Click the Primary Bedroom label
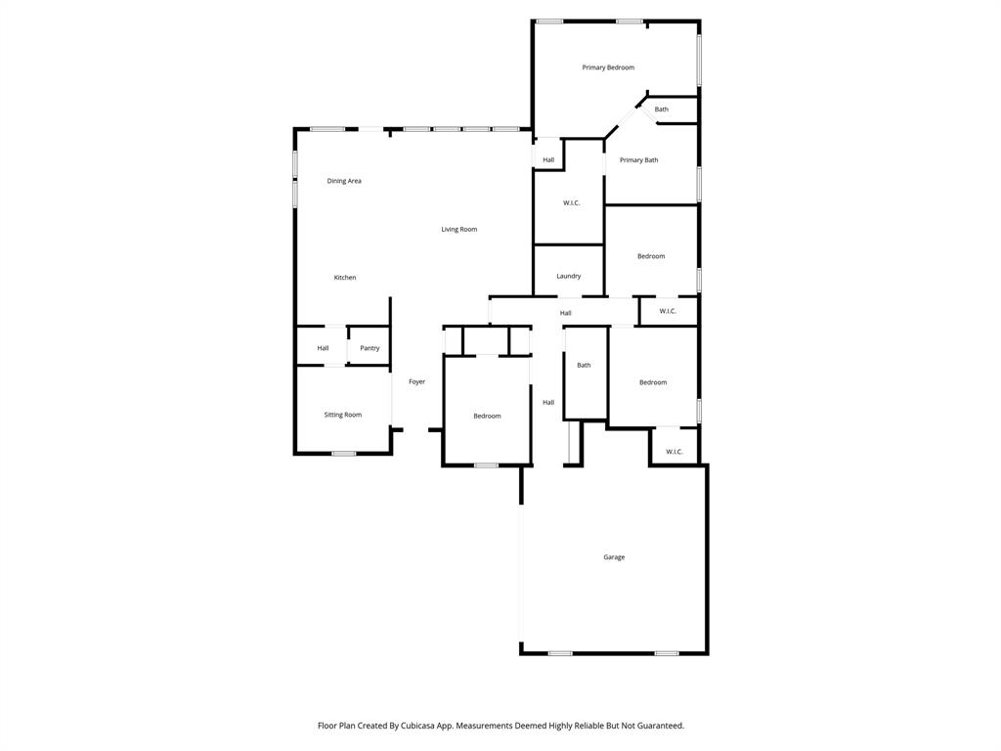pyautogui.click(x=608, y=67)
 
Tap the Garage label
pyautogui.click(x=614, y=557)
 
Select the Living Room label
pyautogui.click(x=458, y=230)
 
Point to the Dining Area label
pyautogui.click(x=344, y=181)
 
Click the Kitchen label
pyautogui.click(x=345, y=278)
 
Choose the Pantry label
pyautogui.click(x=370, y=348)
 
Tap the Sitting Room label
pyautogui.click(x=343, y=415)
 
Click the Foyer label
pyautogui.click(x=416, y=381)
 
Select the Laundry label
pyautogui.click(x=569, y=276)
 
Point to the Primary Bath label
pyautogui.click(x=638, y=160)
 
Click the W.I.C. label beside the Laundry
pyautogui.click(x=572, y=202)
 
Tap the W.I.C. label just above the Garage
pyautogui.click(x=675, y=452)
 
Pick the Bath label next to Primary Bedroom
pyautogui.click(x=662, y=110)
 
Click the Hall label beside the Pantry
pyautogui.click(x=323, y=348)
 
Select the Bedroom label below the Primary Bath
pyautogui.click(x=651, y=256)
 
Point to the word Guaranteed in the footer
pyautogui.click(x=659, y=726)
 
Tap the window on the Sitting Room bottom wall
pyautogui.click(x=343, y=453)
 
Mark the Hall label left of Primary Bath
pyautogui.click(x=548, y=160)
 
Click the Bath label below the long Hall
pyautogui.click(x=584, y=366)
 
